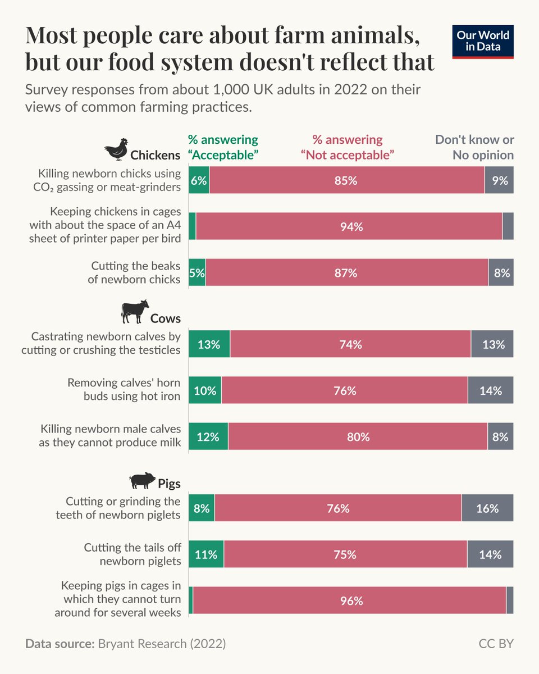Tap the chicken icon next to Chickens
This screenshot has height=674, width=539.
point(116,150)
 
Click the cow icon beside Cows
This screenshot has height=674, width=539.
point(135,312)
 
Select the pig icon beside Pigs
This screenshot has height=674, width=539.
point(142,480)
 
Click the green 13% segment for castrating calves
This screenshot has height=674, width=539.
point(209,344)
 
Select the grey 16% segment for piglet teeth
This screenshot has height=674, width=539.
point(487,508)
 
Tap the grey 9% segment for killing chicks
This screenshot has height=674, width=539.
point(499,181)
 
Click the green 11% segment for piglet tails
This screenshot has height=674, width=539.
point(205,554)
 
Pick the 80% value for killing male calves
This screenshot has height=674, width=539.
point(358,436)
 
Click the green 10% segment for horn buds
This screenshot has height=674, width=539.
point(205,390)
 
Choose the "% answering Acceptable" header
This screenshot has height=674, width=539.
point(223,147)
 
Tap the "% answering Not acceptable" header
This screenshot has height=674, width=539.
point(348,147)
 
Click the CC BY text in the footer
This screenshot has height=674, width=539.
point(496,644)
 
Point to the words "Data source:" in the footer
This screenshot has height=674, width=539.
point(59,644)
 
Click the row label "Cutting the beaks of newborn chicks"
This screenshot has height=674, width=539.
point(135,272)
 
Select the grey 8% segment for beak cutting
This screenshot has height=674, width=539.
point(501,273)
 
